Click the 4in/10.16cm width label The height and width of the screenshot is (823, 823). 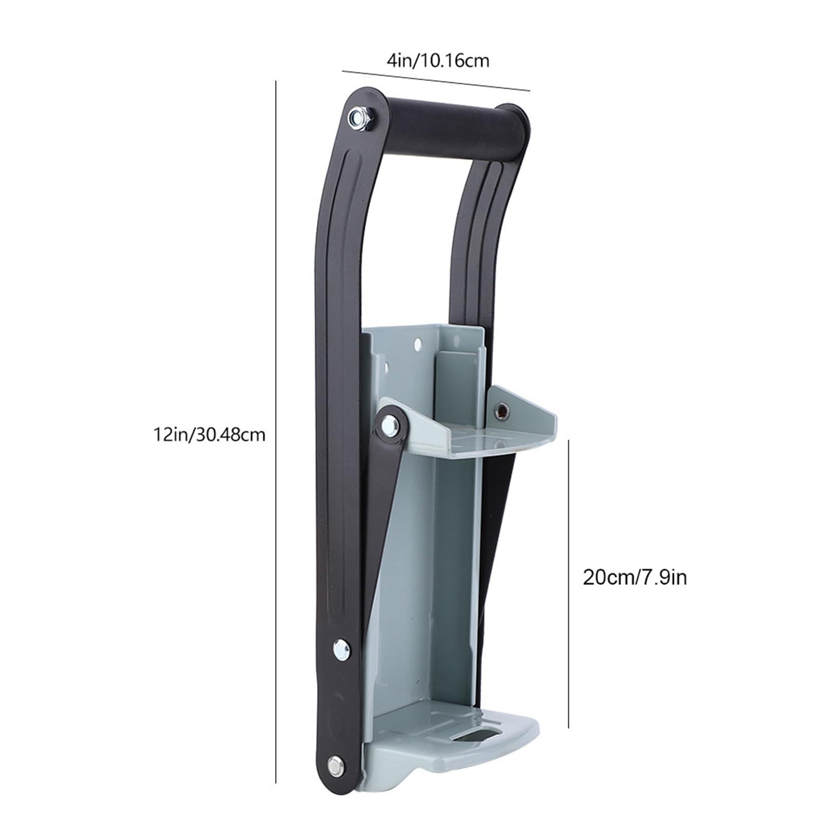click(438, 61)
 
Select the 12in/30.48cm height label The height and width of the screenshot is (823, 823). click(209, 435)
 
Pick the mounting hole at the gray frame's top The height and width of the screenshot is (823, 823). click(417, 342)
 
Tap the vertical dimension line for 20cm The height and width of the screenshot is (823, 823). click(569, 583)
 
